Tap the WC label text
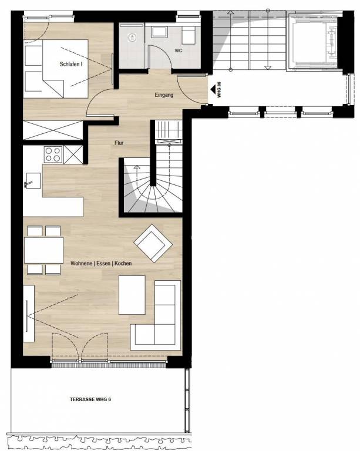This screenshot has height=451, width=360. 178,51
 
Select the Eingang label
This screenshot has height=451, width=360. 164,95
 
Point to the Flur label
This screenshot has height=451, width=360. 119,143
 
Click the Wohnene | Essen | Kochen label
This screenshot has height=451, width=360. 100,264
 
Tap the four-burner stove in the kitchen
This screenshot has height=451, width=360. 53,154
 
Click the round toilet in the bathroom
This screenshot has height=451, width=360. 132,38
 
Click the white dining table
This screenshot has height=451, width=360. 43,250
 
